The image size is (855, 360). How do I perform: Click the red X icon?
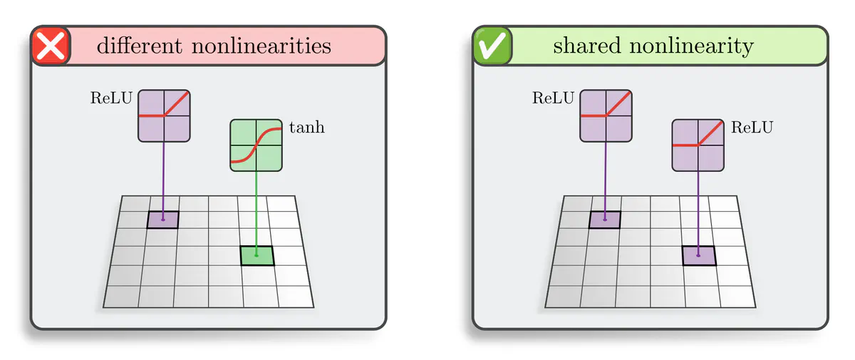[51, 46]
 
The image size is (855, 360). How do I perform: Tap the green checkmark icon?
[492, 46]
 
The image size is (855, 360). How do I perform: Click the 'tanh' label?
[306, 128]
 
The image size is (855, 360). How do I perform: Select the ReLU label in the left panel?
[111, 98]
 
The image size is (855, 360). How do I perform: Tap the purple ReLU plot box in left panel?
[164, 115]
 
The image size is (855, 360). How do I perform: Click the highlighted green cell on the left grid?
[256, 255]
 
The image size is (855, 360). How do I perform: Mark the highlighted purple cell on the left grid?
[163, 220]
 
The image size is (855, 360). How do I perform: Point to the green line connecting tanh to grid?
[256, 207]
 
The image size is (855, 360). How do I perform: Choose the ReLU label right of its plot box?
[752, 128]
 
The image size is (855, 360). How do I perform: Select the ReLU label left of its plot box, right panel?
[553, 98]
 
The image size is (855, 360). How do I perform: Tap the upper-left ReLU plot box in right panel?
[606, 115]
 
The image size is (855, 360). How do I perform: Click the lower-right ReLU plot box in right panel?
[698, 145]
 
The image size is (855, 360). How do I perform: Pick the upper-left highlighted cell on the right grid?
[605, 220]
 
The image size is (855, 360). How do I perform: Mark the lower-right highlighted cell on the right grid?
[698, 255]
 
